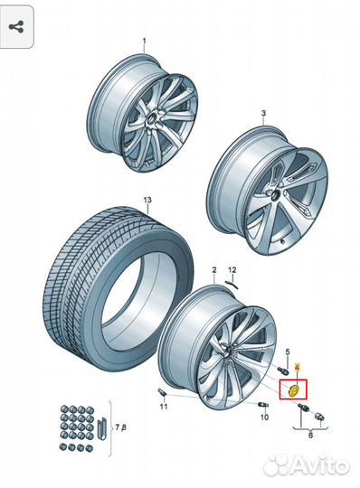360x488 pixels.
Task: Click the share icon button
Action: click(x=16, y=27)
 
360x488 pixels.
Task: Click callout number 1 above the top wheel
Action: click(x=144, y=41)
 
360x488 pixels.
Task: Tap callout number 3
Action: click(x=264, y=113)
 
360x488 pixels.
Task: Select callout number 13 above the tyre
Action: click(x=147, y=200)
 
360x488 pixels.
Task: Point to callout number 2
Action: click(x=214, y=270)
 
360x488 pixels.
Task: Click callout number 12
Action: click(x=232, y=270)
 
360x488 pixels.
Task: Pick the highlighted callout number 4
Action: click(x=297, y=368)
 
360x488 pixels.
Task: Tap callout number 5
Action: click(x=288, y=352)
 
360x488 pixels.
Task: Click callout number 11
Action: click(x=164, y=407)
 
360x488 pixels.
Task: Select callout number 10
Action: click(x=264, y=417)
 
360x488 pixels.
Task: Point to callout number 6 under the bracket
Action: click(x=310, y=435)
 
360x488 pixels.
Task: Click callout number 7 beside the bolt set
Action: click(x=117, y=427)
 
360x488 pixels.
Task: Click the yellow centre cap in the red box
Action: click(x=293, y=390)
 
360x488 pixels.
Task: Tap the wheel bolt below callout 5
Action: click(x=281, y=371)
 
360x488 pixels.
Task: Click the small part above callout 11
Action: click(x=162, y=393)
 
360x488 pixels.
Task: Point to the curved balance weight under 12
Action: click(x=232, y=285)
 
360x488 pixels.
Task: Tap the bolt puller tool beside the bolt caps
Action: click(x=101, y=429)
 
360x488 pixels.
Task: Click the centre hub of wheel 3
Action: click(x=276, y=196)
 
